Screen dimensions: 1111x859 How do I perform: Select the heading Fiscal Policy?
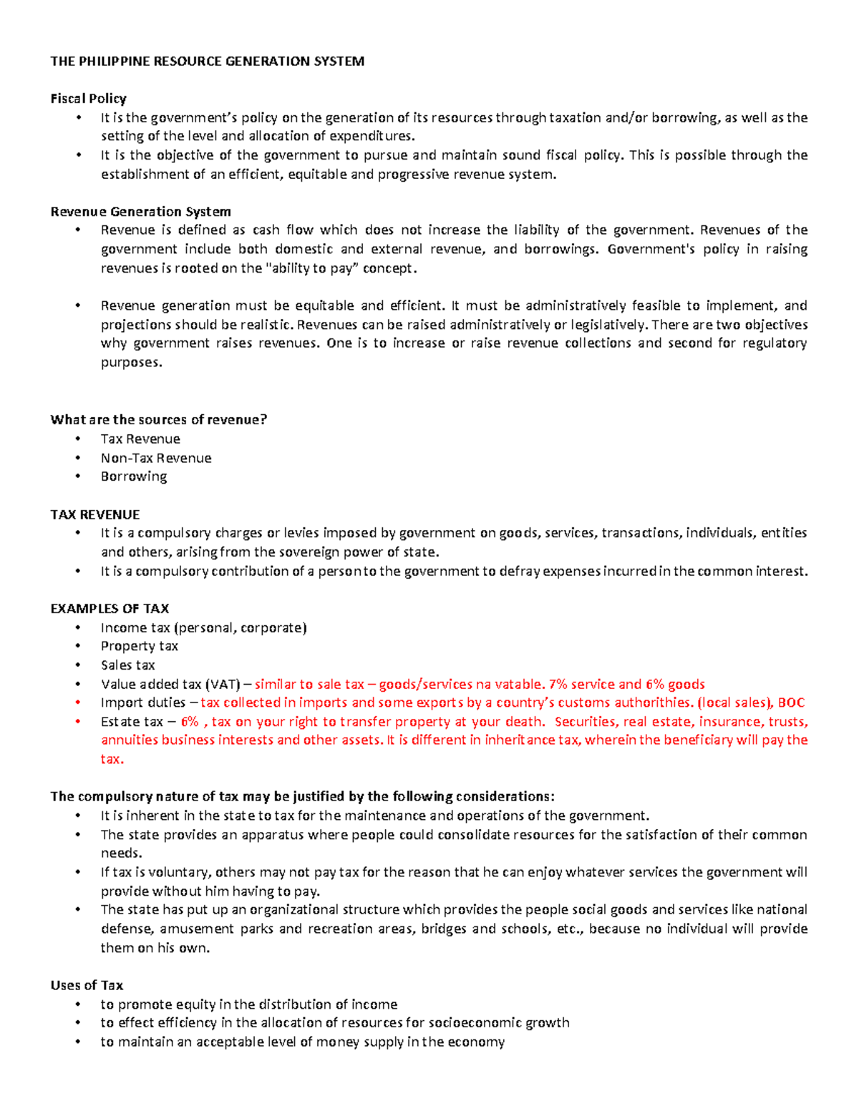coord(88,99)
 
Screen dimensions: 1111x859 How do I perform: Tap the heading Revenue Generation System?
coord(140,212)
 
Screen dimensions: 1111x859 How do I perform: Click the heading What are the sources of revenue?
coord(158,420)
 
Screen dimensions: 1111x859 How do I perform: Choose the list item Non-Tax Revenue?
coord(156,458)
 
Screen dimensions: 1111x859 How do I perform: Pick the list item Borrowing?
coord(134,476)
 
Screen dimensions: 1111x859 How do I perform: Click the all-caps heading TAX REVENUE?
coord(94,514)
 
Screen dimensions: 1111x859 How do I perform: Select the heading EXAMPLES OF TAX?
coord(110,609)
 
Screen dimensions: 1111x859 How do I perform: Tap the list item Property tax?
coord(139,646)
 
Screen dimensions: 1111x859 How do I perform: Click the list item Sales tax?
coord(127,665)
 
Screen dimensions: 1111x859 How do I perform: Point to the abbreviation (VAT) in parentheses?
coord(223,684)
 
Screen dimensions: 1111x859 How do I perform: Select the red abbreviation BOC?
coord(791,703)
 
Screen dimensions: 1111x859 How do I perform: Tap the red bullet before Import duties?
coord(78,703)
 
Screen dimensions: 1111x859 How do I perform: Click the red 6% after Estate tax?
coord(190,722)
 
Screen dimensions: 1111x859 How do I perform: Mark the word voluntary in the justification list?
coord(180,872)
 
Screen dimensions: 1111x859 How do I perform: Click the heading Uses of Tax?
coord(87,985)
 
